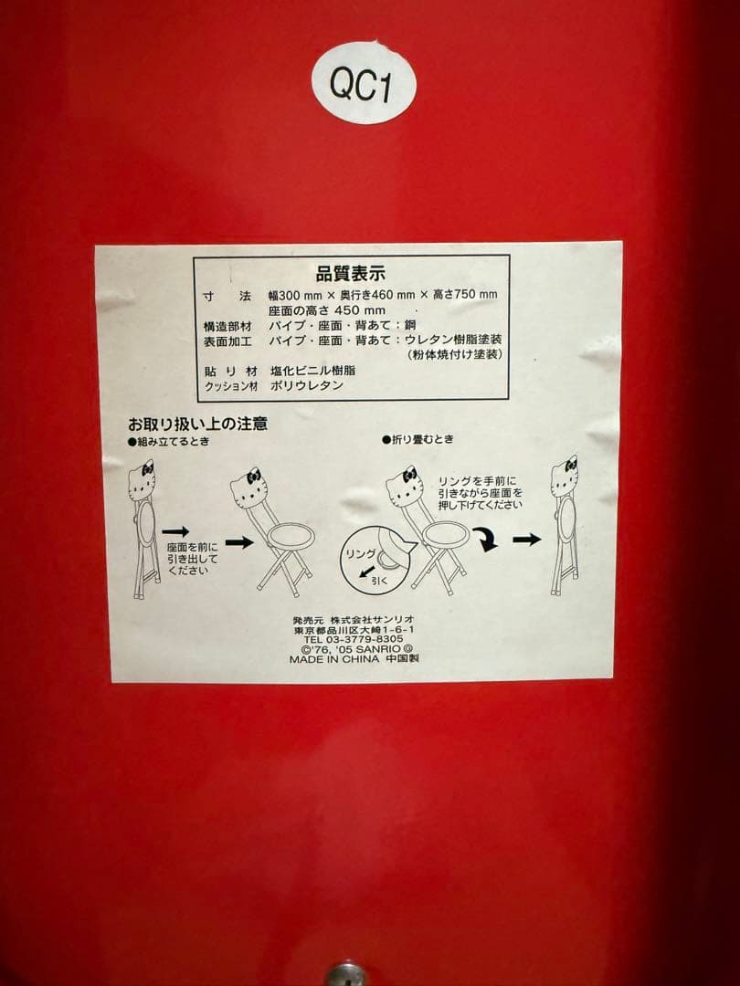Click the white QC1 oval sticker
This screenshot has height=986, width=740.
click(x=363, y=84)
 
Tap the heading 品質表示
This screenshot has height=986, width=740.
click(x=351, y=272)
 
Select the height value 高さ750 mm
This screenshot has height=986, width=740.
click(x=465, y=295)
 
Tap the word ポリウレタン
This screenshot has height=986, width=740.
click(x=307, y=386)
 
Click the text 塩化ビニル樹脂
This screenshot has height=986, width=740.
click(x=312, y=371)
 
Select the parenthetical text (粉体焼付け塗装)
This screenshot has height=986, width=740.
click(x=455, y=354)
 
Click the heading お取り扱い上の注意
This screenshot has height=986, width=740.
click(x=197, y=425)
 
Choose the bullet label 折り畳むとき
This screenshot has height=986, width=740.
click(x=420, y=440)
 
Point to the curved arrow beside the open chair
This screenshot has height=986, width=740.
click(x=486, y=542)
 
